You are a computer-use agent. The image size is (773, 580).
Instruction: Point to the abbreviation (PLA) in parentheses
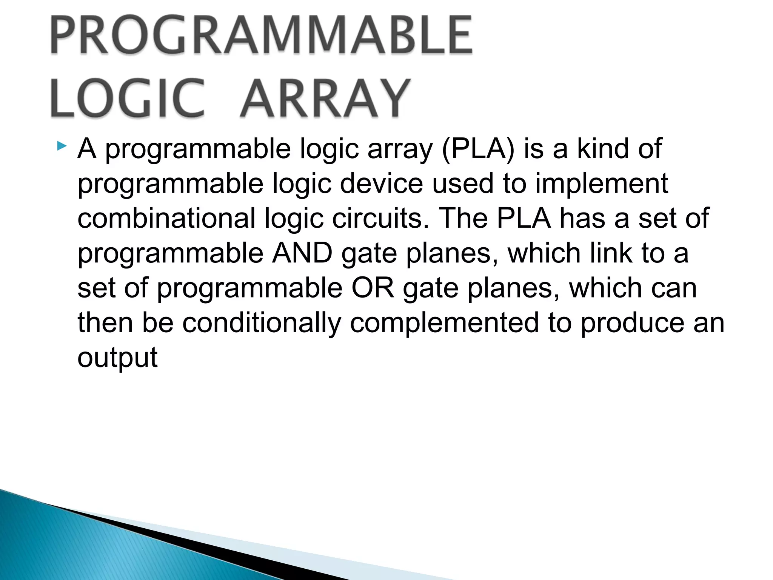pos(478,149)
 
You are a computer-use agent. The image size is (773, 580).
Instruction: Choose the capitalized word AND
pos(302,253)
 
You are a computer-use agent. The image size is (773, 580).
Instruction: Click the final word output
pos(117,358)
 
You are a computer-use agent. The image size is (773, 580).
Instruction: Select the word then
pos(105,323)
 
